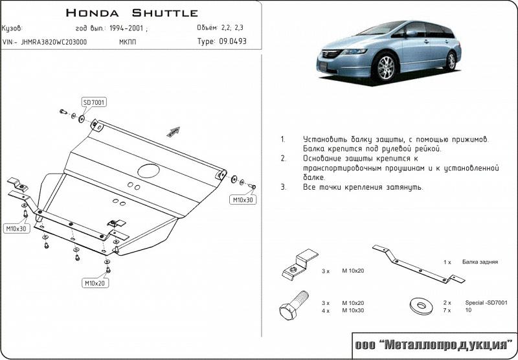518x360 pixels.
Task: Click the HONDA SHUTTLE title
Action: pyautogui.click(x=132, y=13)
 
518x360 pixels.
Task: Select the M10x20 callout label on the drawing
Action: pyautogui.click(x=95, y=284)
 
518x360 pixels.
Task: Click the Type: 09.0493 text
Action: pyautogui.click(x=221, y=41)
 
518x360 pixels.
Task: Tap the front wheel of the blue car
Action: pyautogui.click(x=387, y=69)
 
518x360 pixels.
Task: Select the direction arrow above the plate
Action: pyautogui.click(x=173, y=131)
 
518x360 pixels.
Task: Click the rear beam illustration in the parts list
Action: pyautogui.click(x=418, y=263)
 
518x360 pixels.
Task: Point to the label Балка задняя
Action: pyautogui.click(x=480, y=262)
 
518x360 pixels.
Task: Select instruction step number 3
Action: pyautogui.click(x=284, y=187)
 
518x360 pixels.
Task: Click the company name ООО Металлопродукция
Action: pyautogui.click(x=433, y=344)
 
